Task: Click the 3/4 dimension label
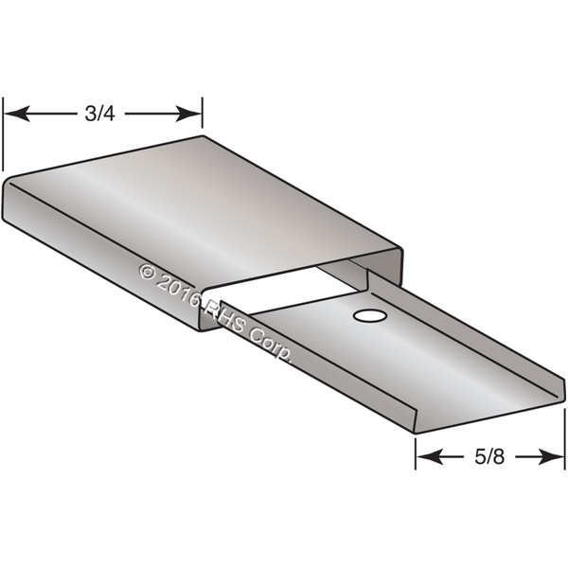[100, 114]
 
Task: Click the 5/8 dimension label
[489, 457]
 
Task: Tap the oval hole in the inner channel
[370, 316]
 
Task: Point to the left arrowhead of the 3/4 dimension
[17, 114]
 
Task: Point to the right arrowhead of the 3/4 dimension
[188, 114]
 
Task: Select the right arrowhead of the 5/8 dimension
[551, 457]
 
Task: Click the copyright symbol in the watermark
[147, 272]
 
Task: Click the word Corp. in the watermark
[270, 344]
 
